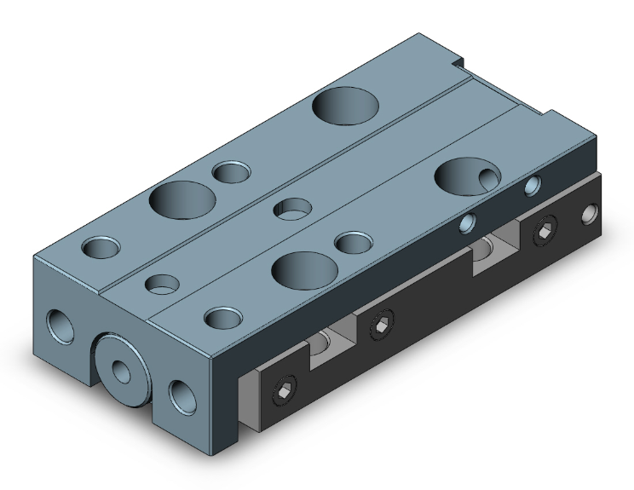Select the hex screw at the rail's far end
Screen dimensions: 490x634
point(544,231)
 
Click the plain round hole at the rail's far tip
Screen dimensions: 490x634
point(588,213)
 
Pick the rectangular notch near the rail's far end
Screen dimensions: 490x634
point(493,250)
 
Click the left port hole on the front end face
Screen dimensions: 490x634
point(62,325)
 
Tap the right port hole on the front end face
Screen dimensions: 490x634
point(183,395)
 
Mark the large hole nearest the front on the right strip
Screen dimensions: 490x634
point(301,270)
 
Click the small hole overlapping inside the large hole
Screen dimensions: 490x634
point(488,177)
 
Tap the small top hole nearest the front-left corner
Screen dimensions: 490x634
point(101,250)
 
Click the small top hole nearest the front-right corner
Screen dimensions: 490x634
point(222,319)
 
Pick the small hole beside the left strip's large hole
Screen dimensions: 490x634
point(230,173)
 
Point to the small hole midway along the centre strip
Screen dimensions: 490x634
point(294,207)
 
